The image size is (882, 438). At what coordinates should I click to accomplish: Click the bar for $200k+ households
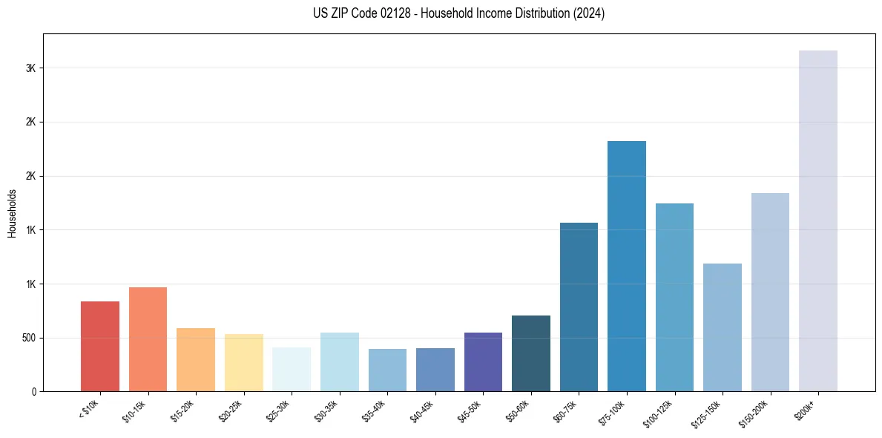[x=817, y=220]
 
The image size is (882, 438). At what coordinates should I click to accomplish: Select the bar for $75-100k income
[x=626, y=266]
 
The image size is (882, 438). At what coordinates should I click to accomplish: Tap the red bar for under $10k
[x=100, y=346]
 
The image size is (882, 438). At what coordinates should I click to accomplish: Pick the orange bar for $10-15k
[x=148, y=339]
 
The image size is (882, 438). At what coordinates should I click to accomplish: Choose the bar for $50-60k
[x=530, y=353]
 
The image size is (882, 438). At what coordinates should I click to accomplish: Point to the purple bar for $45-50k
[x=483, y=362]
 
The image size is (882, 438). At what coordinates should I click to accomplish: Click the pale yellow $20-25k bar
[x=243, y=362]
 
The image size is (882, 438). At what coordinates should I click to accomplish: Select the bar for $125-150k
[x=722, y=327]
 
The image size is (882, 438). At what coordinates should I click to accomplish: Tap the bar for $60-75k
[x=579, y=307]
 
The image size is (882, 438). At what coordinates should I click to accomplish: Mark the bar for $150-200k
[x=770, y=292]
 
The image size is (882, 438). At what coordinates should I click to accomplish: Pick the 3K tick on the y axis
[x=31, y=68]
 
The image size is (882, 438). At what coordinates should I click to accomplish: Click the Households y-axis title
[x=13, y=213]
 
